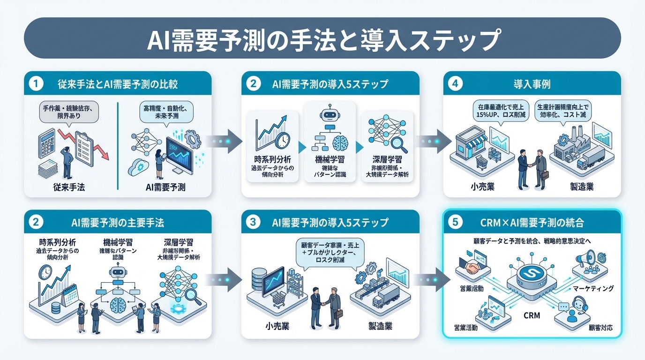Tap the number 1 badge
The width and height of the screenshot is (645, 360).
click(x=36, y=84)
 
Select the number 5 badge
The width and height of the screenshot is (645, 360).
click(x=455, y=223)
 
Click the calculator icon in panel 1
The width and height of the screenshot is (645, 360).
click(x=46, y=140)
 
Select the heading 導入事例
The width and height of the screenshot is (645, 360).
click(x=532, y=84)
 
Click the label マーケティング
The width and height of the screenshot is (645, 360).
click(x=593, y=288)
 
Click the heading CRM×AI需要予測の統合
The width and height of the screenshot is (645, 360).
click(x=532, y=223)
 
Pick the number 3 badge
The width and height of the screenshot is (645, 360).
click(x=253, y=223)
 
